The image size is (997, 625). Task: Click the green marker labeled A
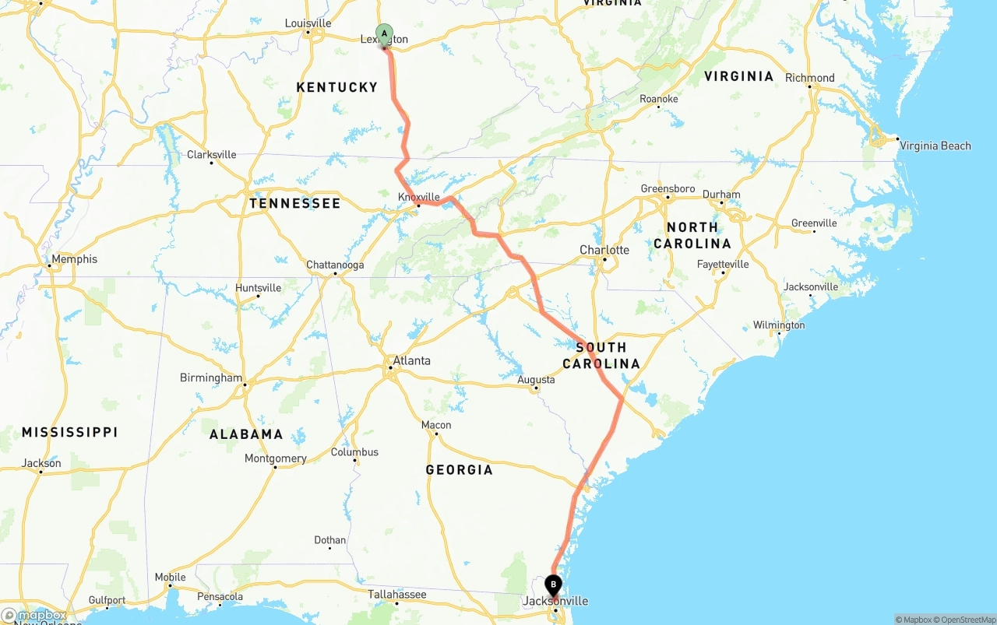click(384, 33)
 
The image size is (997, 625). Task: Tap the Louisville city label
click(308, 23)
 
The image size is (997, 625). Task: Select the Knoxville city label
click(419, 197)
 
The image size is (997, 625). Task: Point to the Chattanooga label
click(335, 265)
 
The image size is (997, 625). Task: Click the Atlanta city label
click(411, 360)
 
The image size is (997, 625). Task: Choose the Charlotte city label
click(604, 250)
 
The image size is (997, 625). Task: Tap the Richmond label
click(810, 78)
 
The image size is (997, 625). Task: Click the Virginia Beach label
click(935, 146)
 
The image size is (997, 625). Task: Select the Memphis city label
click(75, 259)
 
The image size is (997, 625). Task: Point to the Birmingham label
click(211, 377)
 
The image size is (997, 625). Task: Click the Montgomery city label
click(275, 458)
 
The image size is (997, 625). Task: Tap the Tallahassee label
click(397, 595)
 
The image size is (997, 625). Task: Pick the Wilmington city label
click(779, 325)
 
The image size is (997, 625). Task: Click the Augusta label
click(537, 380)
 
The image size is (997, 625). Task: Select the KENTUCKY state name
click(336, 87)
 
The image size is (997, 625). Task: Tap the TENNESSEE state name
click(294, 203)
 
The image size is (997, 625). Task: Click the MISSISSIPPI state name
click(70, 432)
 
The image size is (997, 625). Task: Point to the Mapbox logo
click(35, 616)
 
